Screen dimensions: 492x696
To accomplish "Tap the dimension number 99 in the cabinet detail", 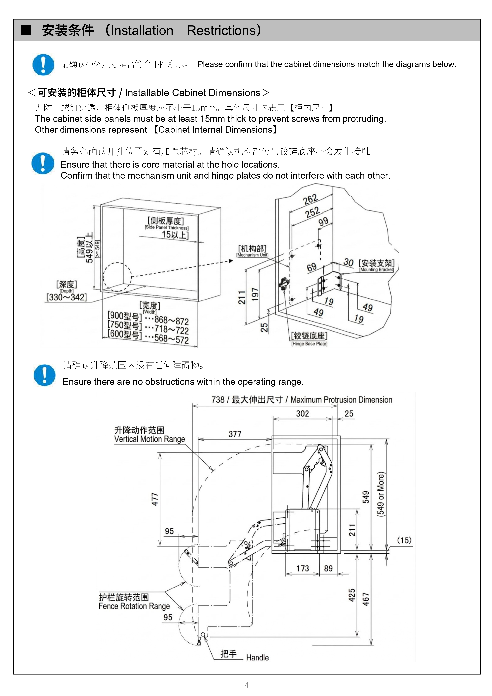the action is (323, 221).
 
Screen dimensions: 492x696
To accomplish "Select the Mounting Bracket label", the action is (377, 270).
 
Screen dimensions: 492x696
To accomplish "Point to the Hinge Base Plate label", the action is (309, 344).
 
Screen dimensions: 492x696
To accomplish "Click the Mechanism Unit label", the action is (252, 255).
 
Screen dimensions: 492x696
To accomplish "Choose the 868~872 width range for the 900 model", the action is (172, 320).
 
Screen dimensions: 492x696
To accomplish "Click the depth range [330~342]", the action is (66, 297).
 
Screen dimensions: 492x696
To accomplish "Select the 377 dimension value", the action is (235, 434).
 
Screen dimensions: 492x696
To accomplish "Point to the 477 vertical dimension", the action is (155, 499).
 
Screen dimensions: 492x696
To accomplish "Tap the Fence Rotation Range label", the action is (134, 606).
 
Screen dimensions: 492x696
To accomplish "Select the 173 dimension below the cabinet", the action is (303, 568).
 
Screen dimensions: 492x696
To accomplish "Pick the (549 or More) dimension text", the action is (381, 494).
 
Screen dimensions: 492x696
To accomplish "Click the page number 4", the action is (247, 685).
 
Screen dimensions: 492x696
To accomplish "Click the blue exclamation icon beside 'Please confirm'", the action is (43, 65).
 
